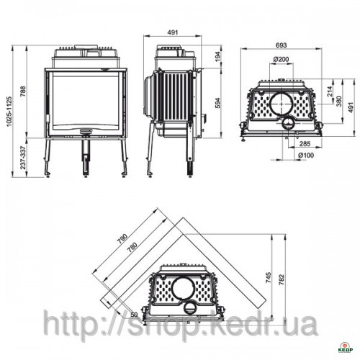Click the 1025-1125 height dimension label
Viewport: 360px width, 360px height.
9,112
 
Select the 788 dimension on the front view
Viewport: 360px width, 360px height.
22,91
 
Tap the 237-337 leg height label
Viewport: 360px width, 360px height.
23,158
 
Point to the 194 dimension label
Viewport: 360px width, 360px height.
218,57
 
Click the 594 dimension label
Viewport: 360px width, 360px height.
218,103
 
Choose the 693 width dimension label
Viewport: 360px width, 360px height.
282,45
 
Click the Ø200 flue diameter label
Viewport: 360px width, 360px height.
281,59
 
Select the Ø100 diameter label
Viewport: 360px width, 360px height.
306,156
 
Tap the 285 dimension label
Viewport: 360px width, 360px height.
305,143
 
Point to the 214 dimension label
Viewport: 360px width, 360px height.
330,91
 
